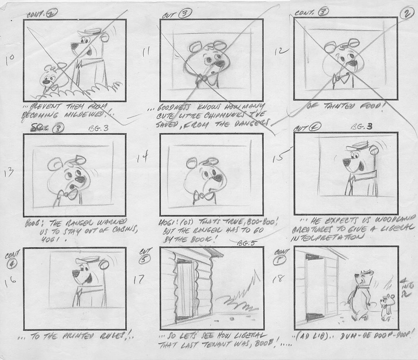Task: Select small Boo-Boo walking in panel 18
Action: coord(386,306)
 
